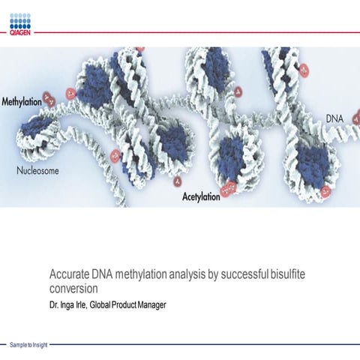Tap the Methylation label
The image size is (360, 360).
pos(21,101)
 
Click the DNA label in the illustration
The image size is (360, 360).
pos(336,118)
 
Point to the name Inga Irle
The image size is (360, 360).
pos(72,304)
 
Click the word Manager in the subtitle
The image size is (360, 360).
pos(151,304)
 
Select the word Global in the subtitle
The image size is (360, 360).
pos(100,304)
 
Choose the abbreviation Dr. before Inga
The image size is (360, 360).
pos(54,304)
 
